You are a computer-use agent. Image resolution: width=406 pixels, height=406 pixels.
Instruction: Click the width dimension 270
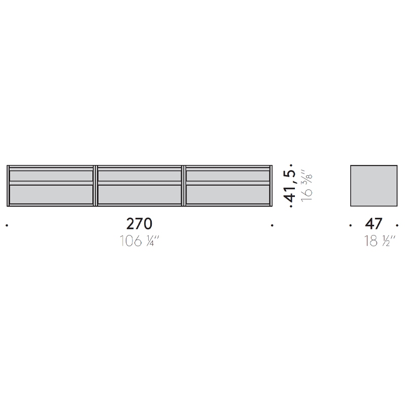tap(139, 224)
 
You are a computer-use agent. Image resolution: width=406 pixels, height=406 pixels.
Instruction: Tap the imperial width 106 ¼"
tap(139, 241)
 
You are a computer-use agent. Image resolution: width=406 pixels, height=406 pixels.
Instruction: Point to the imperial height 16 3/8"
tap(307, 185)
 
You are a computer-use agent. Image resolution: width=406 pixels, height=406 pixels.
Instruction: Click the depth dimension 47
tap(374, 224)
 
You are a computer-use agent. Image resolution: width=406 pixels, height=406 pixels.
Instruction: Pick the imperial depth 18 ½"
tap(380, 241)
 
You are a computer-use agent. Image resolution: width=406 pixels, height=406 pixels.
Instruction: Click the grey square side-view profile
tap(374, 186)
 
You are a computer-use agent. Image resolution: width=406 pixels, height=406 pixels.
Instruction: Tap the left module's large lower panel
tap(51, 194)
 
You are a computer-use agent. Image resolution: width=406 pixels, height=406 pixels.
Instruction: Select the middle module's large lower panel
tap(140, 194)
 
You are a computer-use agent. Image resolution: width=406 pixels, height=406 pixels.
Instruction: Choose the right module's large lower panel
tap(228, 194)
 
